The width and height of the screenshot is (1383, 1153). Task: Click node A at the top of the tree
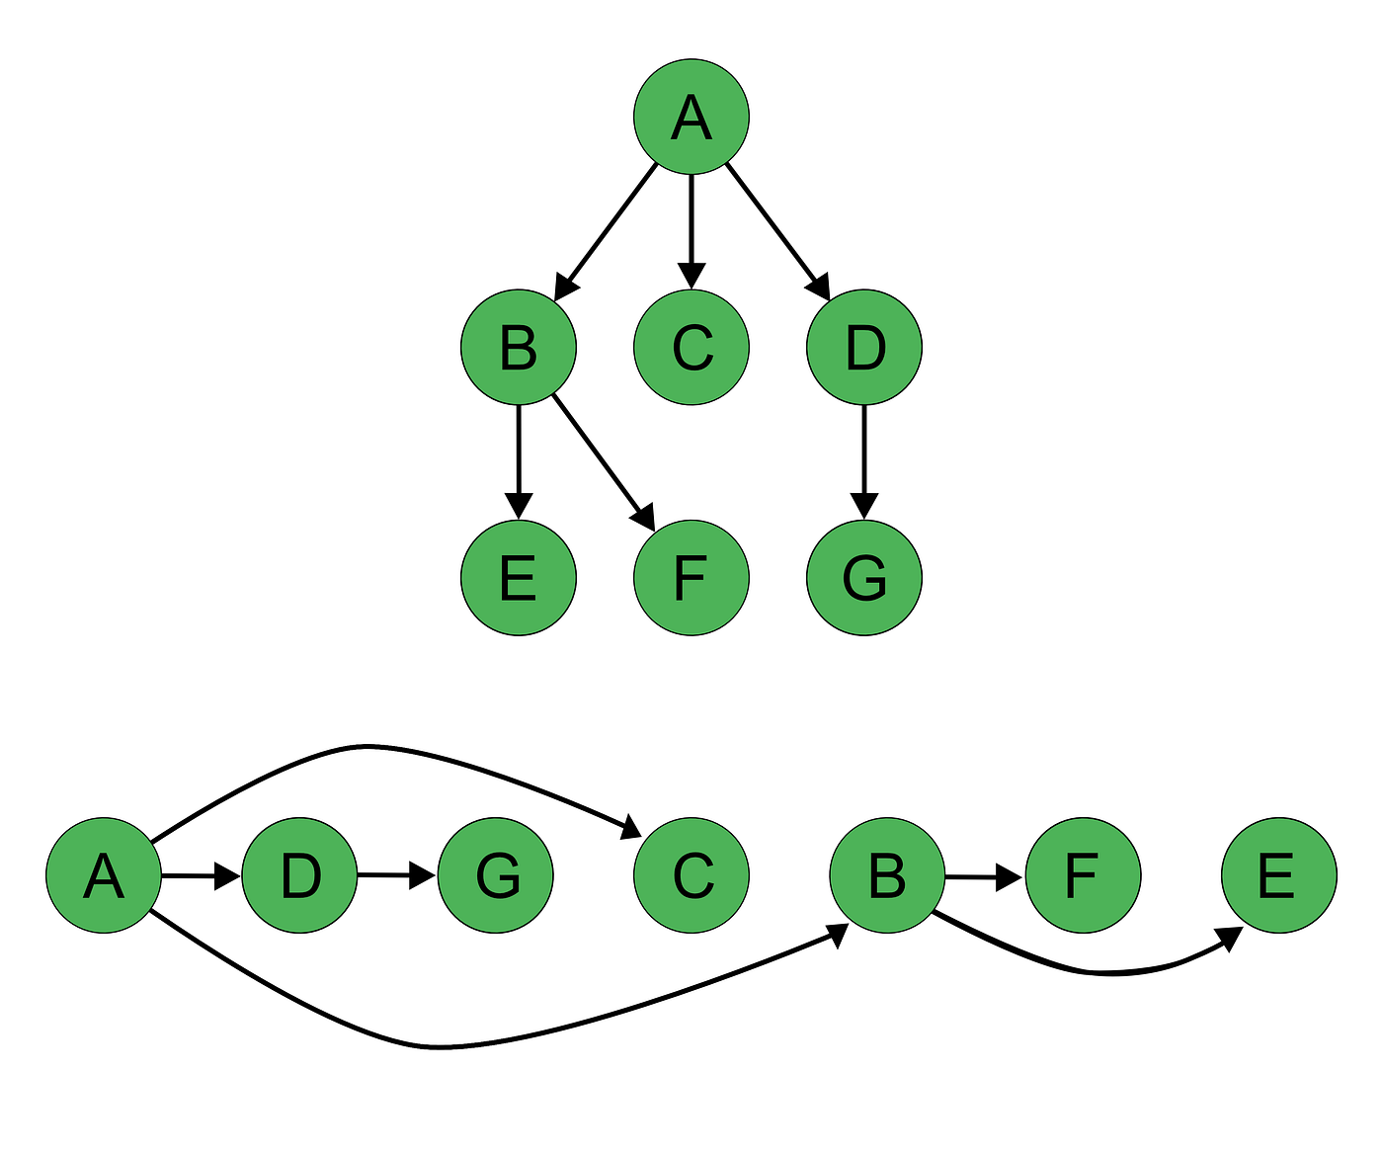(691, 117)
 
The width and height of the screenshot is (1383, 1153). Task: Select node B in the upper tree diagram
(518, 347)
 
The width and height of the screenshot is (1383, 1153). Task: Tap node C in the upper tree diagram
(691, 347)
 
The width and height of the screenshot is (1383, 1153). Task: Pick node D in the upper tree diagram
(864, 347)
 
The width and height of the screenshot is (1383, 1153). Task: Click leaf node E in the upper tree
(518, 577)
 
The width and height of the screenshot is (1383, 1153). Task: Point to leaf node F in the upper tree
(691, 577)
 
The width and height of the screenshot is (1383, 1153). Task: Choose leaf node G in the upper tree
(864, 577)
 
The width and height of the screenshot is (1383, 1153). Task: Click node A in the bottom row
(104, 875)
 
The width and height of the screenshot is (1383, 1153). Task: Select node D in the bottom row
(299, 875)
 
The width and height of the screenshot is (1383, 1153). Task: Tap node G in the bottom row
(495, 875)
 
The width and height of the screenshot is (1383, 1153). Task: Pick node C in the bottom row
(691, 875)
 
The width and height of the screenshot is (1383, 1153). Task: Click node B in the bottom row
(886, 875)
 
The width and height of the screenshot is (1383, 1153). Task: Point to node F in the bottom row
(1083, 875)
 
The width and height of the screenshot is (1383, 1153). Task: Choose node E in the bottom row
(1278, 875)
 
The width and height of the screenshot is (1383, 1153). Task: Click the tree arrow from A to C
(691, 227)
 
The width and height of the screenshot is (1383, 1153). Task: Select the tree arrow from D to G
(864, 459)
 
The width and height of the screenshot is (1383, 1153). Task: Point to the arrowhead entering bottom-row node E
(1230, 939)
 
